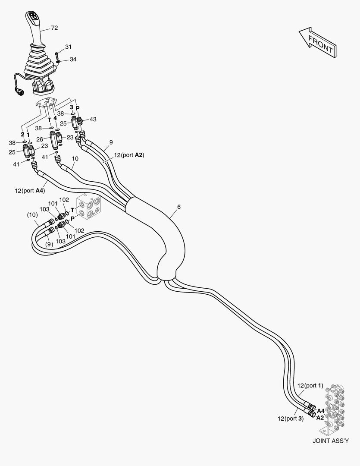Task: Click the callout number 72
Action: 54,28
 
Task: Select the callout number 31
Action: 69,47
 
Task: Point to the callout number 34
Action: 73,59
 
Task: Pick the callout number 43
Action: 93,119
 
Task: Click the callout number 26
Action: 40,139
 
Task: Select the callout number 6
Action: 178,207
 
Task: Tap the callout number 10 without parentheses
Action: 75,159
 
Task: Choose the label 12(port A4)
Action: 30,190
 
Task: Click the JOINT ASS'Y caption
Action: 331,441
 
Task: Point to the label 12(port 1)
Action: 310,385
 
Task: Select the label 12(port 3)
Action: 291,418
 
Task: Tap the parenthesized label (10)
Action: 32,214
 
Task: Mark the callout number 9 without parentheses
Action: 111,142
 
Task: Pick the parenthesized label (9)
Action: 49,244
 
